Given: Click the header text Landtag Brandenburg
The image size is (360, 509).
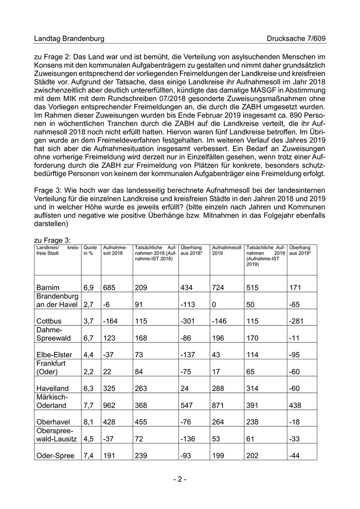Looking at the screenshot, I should (69, 39).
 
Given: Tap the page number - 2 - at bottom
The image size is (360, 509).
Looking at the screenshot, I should (179, 479).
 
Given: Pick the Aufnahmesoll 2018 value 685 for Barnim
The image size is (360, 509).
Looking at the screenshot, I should (109, 287).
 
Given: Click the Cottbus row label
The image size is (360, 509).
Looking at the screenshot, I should (49, 320).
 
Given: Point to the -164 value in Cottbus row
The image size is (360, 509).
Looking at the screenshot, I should (111, 320).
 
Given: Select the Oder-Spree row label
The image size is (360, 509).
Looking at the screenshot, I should (55, 455).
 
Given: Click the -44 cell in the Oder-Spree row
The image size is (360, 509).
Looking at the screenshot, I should (294, 455).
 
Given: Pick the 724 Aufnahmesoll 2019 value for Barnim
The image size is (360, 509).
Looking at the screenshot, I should (218, 287).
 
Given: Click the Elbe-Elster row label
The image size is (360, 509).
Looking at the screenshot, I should (53, 354).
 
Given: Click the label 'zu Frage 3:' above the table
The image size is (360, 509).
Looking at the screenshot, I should (52, 240).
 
